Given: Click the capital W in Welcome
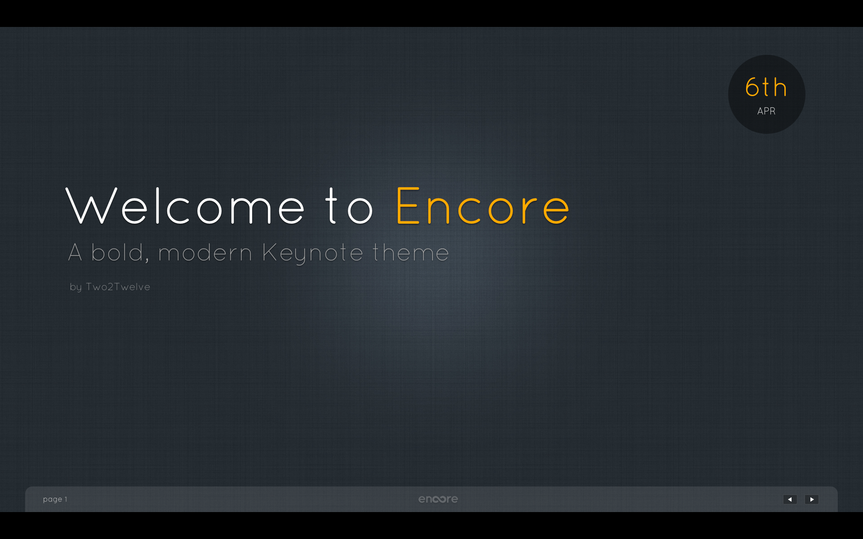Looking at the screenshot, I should click(92, 206).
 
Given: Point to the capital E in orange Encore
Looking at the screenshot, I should click(408, 206).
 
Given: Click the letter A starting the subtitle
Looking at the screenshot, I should click(75, 252).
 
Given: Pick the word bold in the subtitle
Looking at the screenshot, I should click(117, 252).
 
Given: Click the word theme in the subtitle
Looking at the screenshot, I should click(410, 252).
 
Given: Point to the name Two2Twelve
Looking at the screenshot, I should click(118, 287).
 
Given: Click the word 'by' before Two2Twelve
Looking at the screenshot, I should click(76, 287).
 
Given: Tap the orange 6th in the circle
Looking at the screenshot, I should click(766, 87).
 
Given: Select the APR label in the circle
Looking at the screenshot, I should click(766, 111).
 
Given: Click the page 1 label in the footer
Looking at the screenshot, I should click(55, 499).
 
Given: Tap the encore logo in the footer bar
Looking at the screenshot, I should click(438, 499).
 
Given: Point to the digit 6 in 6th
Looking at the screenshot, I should click(752, 87).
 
